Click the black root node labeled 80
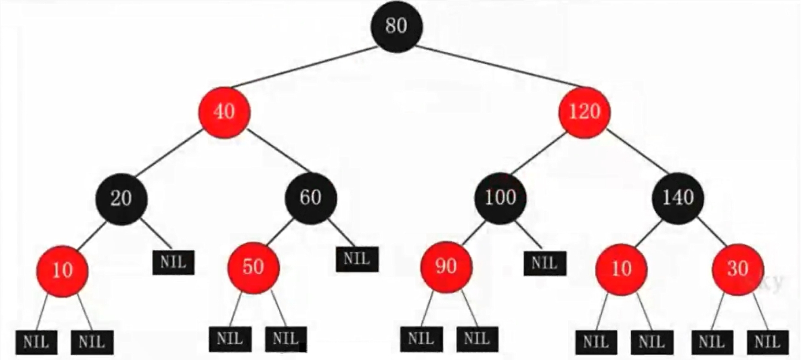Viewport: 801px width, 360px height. pyautogui.click(x=396, y=26)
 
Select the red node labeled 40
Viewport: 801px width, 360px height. pyautogui.click(x=224, y=112)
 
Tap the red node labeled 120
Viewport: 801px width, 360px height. pyautogui.click(x=584, y=112)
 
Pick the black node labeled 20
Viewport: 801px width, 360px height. pyautogui.click(x=121, y=199)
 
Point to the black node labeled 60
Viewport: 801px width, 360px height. pyautogui.click(x=310, y=198)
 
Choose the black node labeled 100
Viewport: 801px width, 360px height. pyautogui.click(x=501, y=198)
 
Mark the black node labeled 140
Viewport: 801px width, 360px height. pyautogui.click(x=678, y=198)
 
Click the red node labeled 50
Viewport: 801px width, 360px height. pyautogui.click(x=254, y=267)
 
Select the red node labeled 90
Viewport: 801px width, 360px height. pyautogui.click(x=446, y=267)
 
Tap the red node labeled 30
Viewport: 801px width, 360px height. pyautogui.click(x=738, y=269)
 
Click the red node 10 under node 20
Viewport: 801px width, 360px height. pyautogui.click(x=62, y=271)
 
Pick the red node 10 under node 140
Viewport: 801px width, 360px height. pyautogui.click(x=622, y=269)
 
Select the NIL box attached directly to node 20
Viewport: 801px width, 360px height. pyautogui.click(x=173, y=263)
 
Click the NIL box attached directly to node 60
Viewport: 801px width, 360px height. pyautogui.click(x=357, y=259)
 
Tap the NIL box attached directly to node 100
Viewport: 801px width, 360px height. pyautogui.click(x=545, y=264)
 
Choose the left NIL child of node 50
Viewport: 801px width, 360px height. pyautogui.click(x=230, y=339)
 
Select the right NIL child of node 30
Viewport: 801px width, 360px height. pyautogui.click(x=768, y=343)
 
